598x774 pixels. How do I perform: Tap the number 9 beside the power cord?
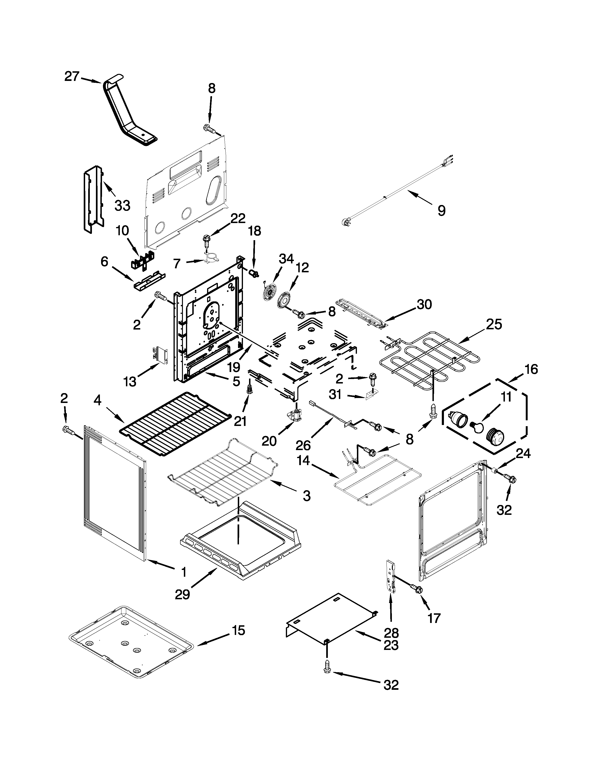(441, 211)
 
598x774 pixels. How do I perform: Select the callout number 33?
(123, 205)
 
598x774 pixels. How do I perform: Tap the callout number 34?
(286, 259)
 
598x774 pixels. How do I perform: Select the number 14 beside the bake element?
(304, 461)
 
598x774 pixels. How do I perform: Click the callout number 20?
(269, 441)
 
